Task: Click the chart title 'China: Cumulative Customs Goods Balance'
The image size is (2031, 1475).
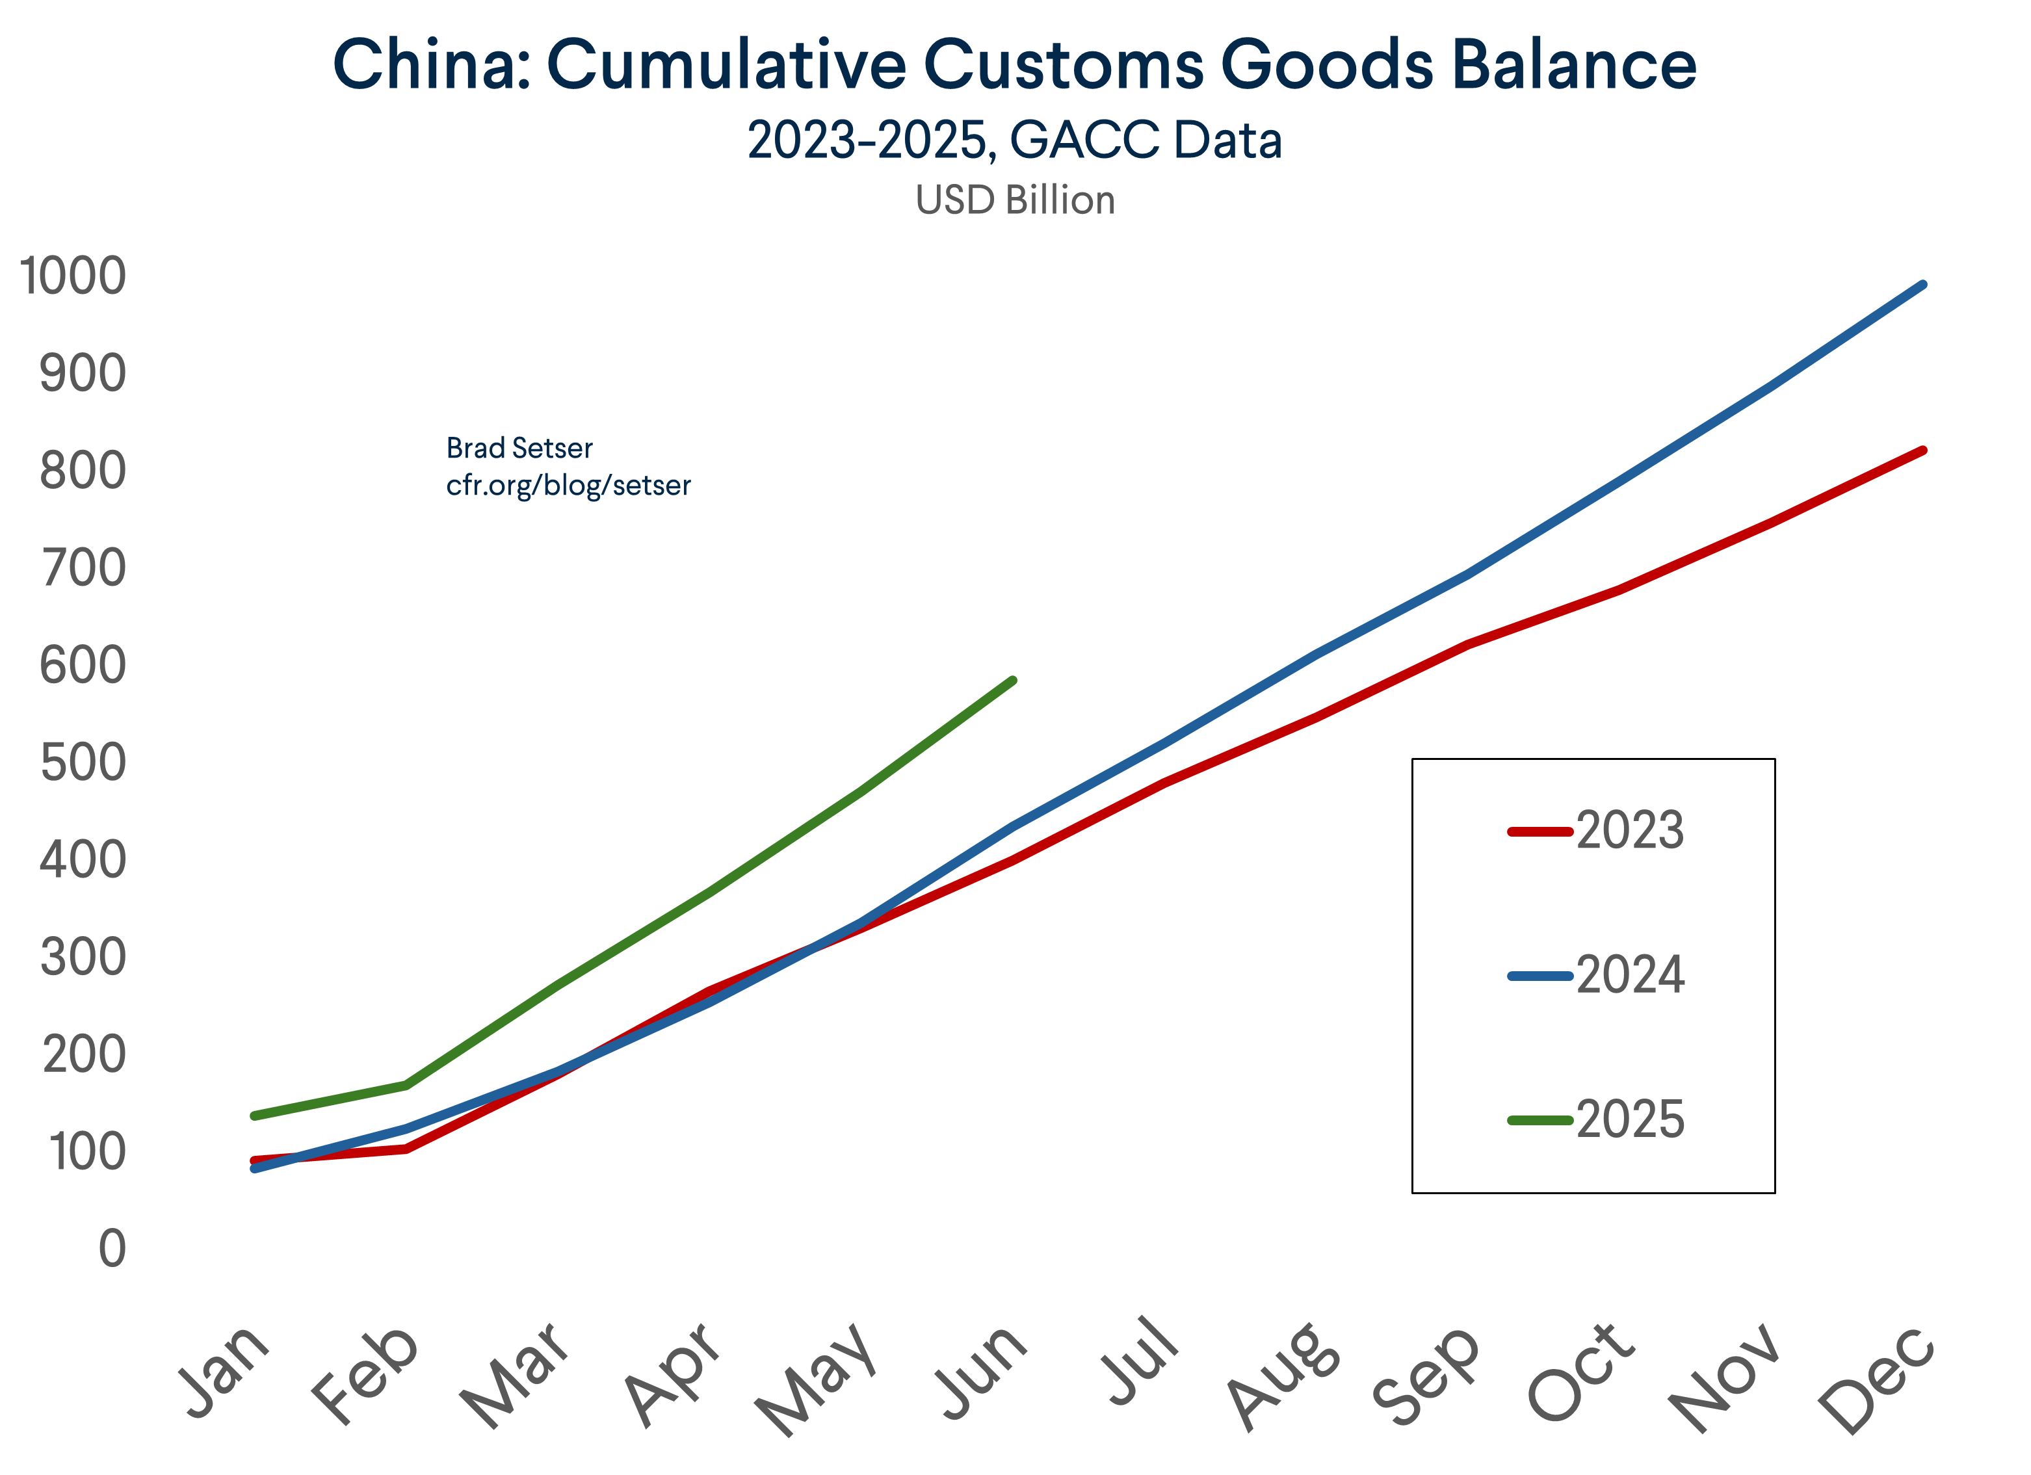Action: click(x=1015, y=64)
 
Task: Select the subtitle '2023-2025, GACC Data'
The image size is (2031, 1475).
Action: click(x=1015, y=140)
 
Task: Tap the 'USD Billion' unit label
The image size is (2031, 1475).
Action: click(x=1015, y=200)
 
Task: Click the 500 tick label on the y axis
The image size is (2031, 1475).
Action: click(x=83, y=763)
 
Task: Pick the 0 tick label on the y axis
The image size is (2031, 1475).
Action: click(x=112, y=1248)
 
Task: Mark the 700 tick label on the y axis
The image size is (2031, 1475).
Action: click(x=83, y=568)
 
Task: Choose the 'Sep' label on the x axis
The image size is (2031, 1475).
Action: click(x=1426, y=1375)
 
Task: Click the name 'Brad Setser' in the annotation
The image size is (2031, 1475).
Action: click(x=519, y=448)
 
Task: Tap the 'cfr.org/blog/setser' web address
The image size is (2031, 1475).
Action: click(x=569, y=486)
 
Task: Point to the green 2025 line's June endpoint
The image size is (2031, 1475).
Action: click(x=1013, y=681)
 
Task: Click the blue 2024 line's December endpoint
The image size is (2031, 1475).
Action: click(x=1922, y=285)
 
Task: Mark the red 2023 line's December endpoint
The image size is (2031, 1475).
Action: click(x=1922, y=450)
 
